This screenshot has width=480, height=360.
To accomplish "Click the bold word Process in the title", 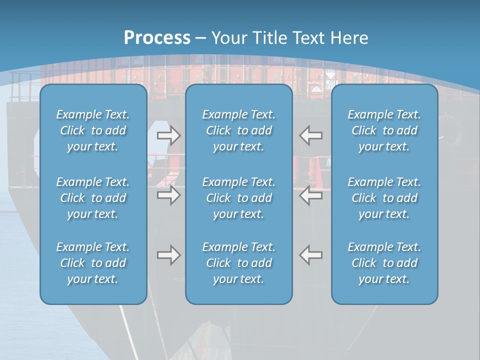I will click(x=157, y=38).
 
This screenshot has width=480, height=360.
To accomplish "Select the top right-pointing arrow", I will click(x=168, y=135).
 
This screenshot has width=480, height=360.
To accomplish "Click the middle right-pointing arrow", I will click(x=168, y=195).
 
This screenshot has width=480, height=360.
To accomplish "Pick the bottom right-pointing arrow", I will click(x=168, y=255).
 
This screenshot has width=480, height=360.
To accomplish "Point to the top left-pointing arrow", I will click(x=311, y=135).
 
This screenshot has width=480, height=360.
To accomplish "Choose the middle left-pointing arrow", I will click(x=311, y=195).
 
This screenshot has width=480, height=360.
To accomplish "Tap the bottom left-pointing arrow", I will click(x=311, y=255).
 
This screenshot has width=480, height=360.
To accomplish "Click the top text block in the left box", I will click(x=93, y=130).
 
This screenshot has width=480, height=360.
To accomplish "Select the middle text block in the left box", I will click(x=93, y=198).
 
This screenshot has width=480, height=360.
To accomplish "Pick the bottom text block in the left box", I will click(x=93, y=263).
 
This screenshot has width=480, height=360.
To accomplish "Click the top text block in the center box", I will click(x=239, y=130).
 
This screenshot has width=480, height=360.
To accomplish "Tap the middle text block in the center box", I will click(x=239, y=198).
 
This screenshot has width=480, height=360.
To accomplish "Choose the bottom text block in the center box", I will click(x=239, y=263).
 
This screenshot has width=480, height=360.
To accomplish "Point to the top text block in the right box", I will click(x=384, y=130).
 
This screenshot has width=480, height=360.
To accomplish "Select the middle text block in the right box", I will click(x=384, y=198).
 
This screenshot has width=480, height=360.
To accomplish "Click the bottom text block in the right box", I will click(x=384, y=263).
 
